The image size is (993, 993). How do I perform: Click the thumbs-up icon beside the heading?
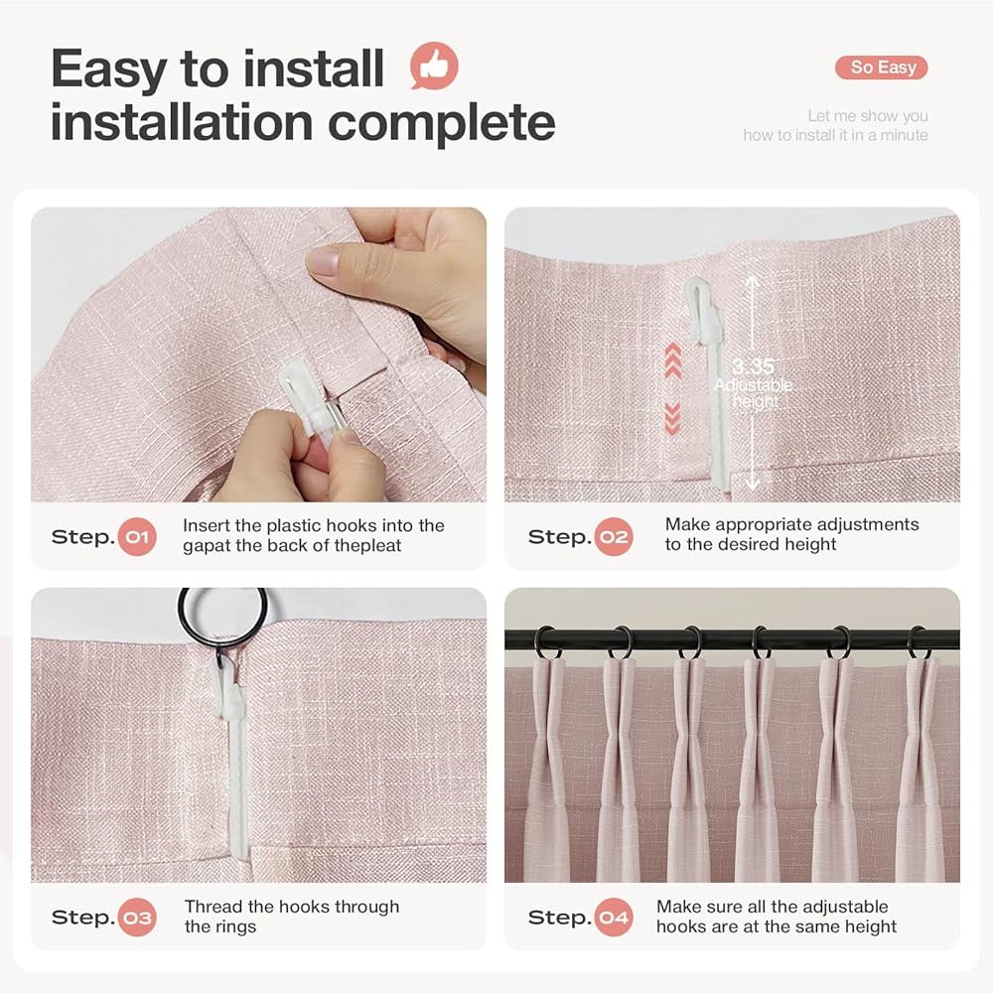(434, 66)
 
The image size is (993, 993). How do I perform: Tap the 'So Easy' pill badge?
(882, 68)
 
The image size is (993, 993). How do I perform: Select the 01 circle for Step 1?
(137, 537)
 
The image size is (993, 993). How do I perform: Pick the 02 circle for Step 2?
(614, 537)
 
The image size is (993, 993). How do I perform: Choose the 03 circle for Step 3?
(137, 917)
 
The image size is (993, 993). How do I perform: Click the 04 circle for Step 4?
(614, 917)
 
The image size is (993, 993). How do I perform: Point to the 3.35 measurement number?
(753, 366)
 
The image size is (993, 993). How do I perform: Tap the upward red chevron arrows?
(673, 361)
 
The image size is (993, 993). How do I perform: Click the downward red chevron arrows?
(673, 418)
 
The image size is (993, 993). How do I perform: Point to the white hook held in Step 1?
(304, 399)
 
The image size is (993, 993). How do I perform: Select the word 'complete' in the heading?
(442, 123)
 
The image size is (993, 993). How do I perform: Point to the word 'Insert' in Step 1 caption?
(206, 525)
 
